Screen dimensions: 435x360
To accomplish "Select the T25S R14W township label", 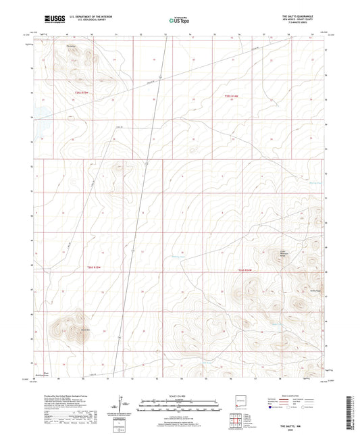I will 232,97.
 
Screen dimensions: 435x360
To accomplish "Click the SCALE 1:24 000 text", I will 179,395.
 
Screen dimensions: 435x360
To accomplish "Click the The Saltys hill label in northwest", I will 70,47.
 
